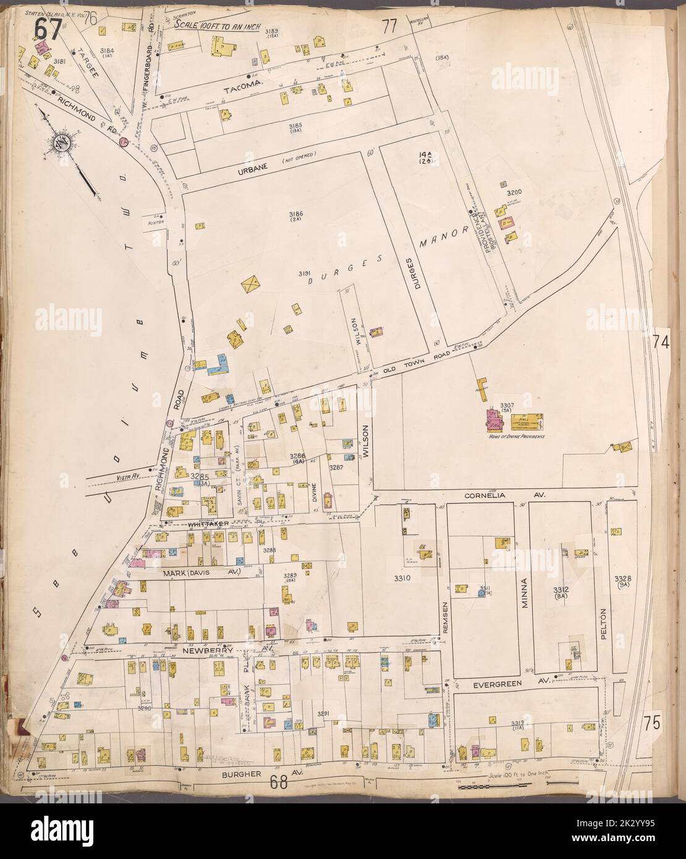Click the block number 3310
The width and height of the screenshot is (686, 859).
coord(402,579)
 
